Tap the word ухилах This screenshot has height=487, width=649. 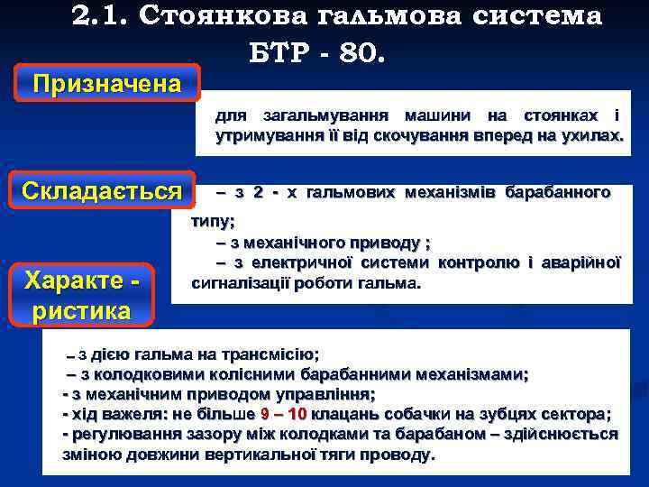point(595,136)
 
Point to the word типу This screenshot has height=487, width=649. point(213,221)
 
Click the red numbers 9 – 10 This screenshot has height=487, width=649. point(284,414)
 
